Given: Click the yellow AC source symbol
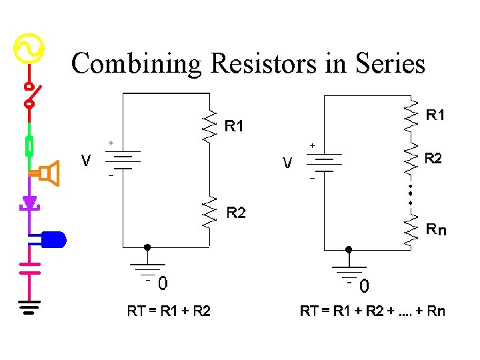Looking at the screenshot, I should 29,49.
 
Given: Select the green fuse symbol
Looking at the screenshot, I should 29,145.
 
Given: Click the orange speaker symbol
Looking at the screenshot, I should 47,174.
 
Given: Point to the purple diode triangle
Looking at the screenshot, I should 29,202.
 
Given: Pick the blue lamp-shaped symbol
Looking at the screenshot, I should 53,239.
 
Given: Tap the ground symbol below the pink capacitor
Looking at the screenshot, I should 29,306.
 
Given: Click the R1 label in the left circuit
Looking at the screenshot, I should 234,125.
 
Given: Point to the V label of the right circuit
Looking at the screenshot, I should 287,163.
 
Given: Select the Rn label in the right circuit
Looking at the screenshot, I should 437,230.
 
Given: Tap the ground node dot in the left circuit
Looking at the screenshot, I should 147,247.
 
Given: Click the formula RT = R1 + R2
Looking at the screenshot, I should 169,311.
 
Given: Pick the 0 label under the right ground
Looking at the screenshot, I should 364,287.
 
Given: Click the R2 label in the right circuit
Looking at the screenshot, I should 433,159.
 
